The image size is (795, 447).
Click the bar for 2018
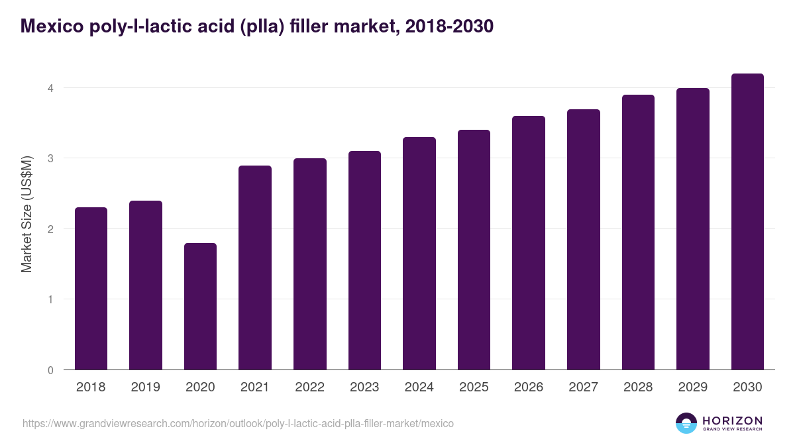91,289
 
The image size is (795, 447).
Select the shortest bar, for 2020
200,307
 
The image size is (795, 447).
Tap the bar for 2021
255,268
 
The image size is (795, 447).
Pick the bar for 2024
419,254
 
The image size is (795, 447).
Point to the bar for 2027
583,240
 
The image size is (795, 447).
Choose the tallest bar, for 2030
747,222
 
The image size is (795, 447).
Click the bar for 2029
692,229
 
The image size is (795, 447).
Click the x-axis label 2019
145,387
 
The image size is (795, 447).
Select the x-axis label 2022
309,387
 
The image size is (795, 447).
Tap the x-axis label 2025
474,387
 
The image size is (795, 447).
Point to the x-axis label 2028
638,387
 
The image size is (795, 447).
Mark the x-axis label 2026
529,387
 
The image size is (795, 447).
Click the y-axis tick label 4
50,88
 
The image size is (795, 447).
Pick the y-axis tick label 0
50,370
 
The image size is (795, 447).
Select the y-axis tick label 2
50,229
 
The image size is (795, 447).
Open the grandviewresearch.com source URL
238,423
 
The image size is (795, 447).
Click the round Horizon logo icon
686,423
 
